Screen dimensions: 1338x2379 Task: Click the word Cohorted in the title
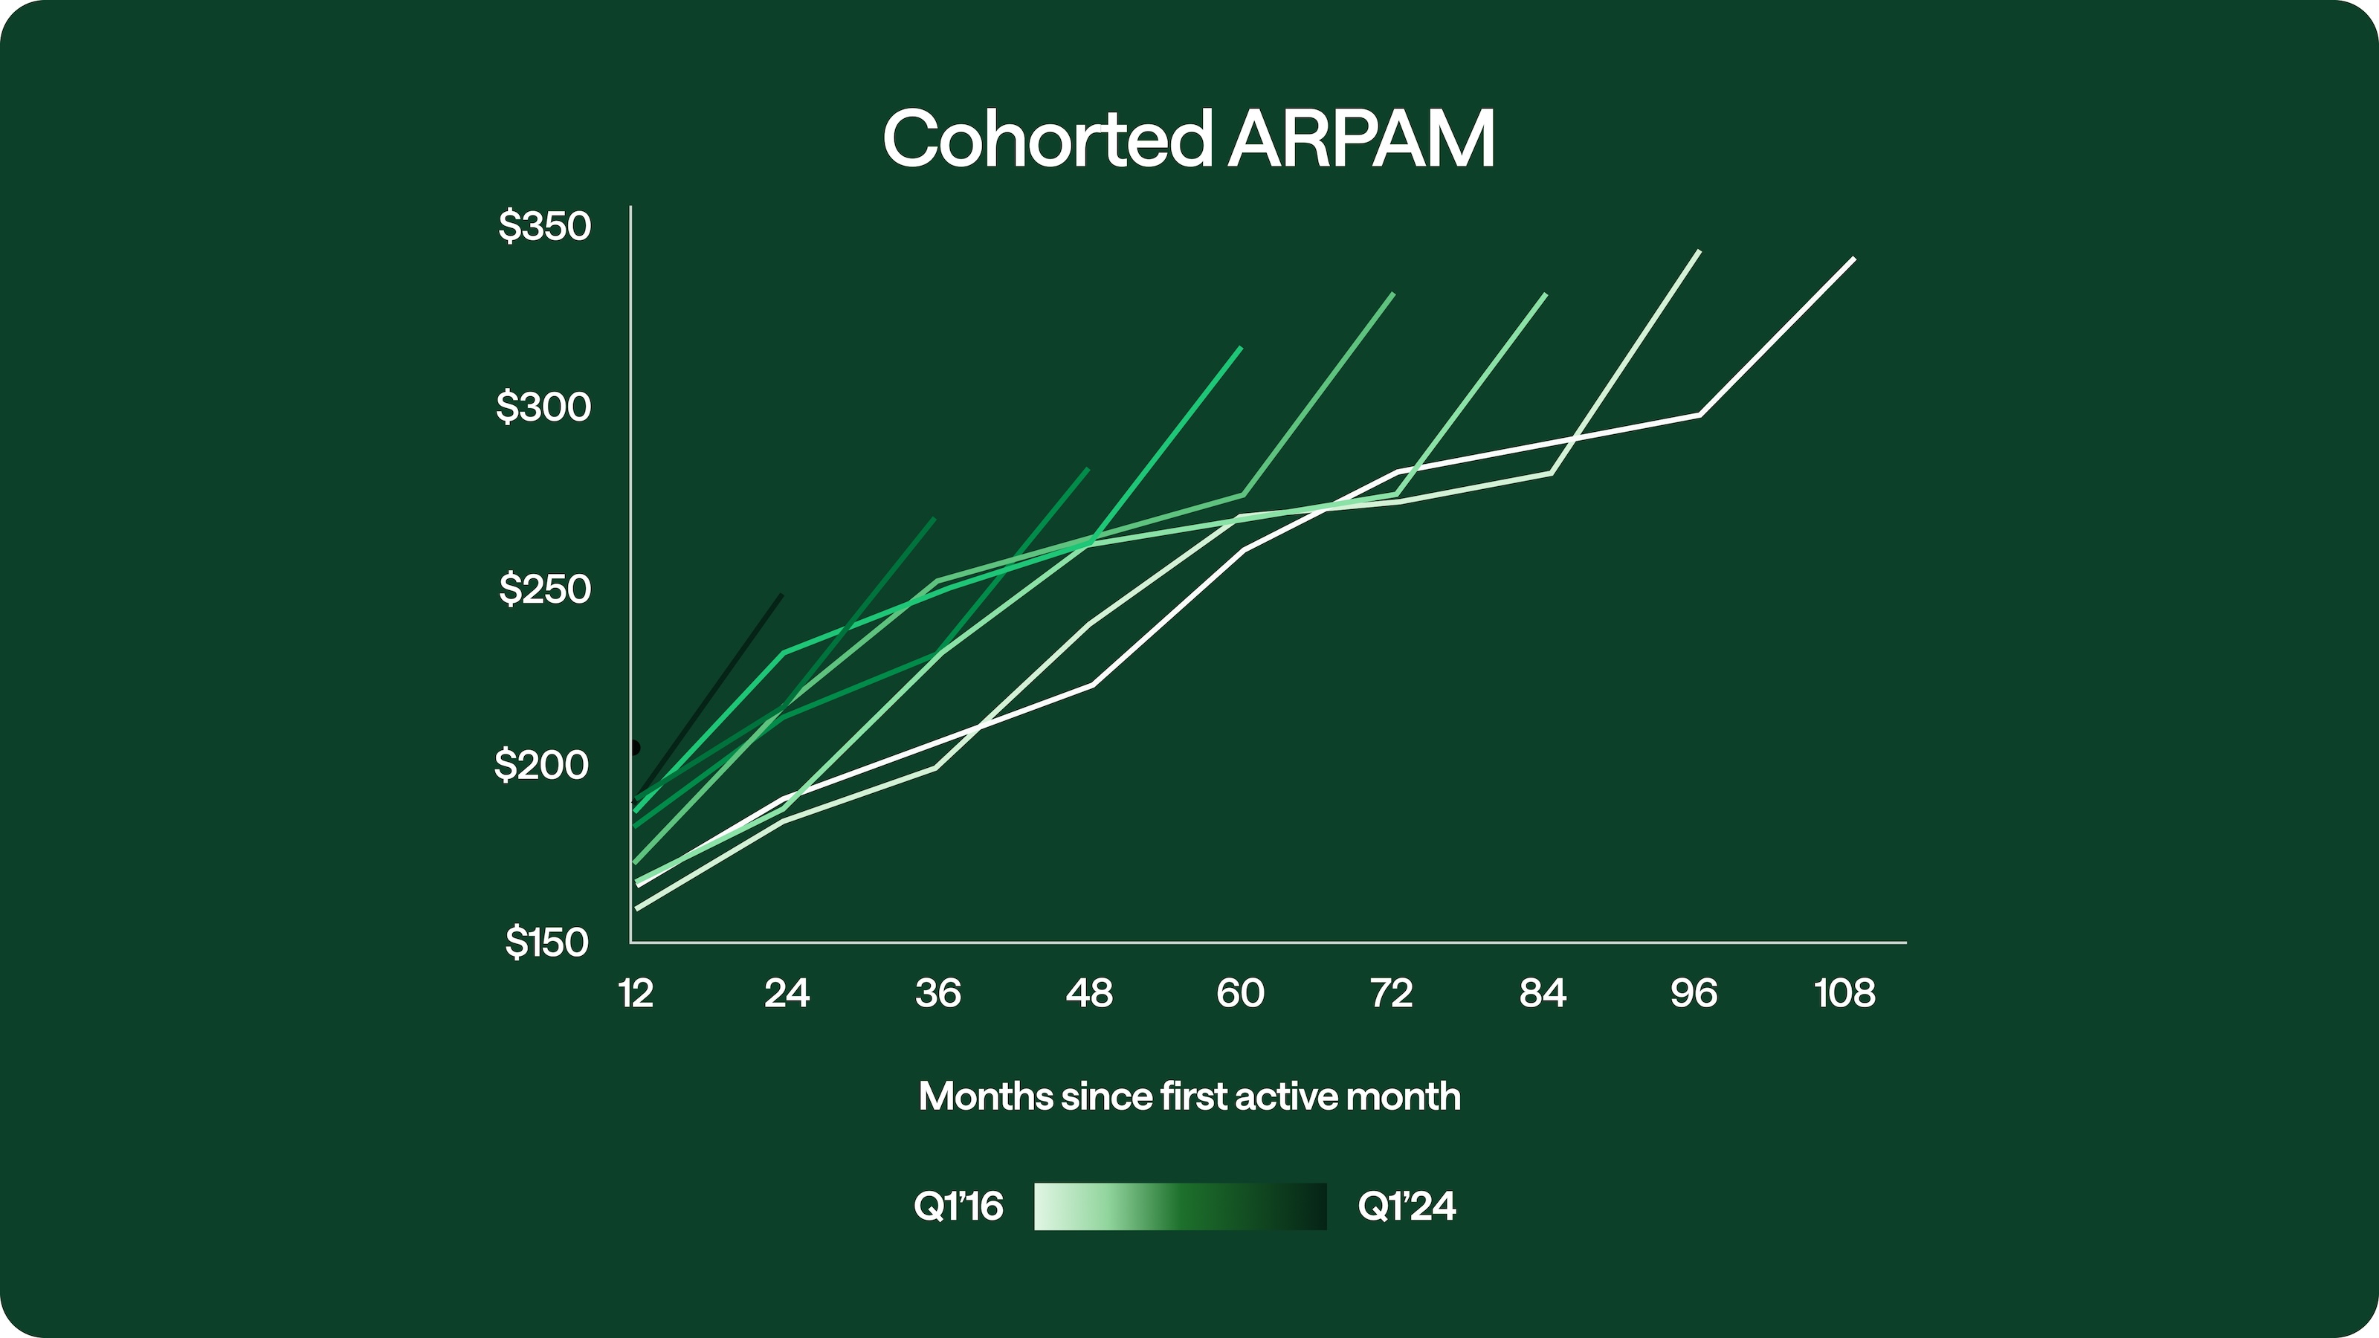click(x=1046, y=140)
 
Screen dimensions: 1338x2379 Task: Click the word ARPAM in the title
click(x=1360, y=140)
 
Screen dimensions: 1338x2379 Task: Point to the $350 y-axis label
click(x=544, y=226)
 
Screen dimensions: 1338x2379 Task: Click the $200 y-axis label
click(x=541, y=765)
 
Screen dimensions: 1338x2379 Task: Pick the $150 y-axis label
click(x=546, y=942)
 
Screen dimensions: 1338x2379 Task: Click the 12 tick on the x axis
click(x=636, y=994)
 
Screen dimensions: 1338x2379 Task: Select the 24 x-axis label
click(x=787, y=994)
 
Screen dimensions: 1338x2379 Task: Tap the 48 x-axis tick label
click(x=1089, y=994)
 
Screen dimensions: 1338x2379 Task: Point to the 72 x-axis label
click(x=1391, y=994)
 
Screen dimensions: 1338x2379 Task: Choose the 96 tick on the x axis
click(x=1694, y=994)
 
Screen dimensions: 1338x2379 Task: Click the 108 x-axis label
click(x=1844, y=994)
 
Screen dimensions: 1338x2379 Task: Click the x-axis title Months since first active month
click(x=1189, y=1097)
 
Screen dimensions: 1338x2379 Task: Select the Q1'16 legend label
click(x=958, y=1206)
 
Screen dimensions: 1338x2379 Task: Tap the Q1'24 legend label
click(x=1407, y=1206)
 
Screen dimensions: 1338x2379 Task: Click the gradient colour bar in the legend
click(x=1181, y=1206)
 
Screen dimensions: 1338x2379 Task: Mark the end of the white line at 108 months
click(x=1853, y=259)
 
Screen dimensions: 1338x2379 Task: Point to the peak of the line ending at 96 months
click(x=1698, y=251)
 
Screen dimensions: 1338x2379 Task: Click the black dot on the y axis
click(x=634, y=747)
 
